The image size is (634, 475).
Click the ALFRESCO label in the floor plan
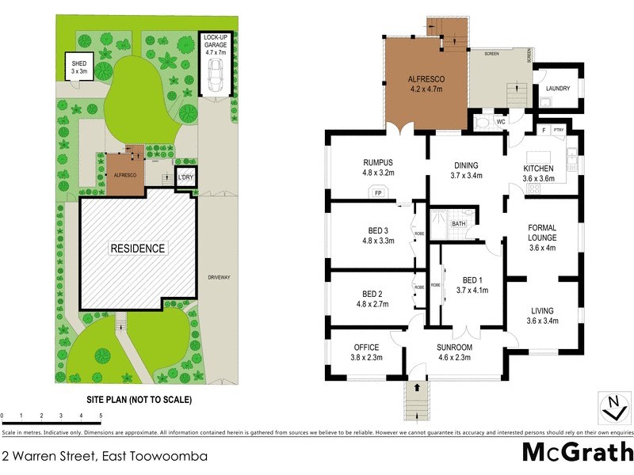coord(426,79)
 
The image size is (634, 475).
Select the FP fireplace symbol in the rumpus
coord(377,192)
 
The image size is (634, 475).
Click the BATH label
coord(459,224)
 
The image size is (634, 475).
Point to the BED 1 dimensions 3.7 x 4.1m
coord(472,290)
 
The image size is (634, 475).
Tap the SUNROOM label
coord(455,347)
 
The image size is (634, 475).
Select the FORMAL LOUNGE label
coord(542,232)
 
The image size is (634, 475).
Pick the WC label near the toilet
coord(500,122)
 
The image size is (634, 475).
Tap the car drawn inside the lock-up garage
coord(214,74)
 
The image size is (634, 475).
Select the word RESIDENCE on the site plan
coord(138,249)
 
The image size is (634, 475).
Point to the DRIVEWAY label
coord(219,277)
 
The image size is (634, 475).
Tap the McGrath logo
coord(578,453)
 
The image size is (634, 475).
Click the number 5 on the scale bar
coord(101,415)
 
